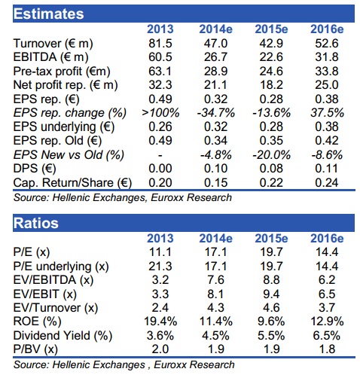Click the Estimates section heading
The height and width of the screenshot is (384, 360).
click(x=48, y=14)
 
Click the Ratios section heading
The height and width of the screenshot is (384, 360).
click(x=36, y=223)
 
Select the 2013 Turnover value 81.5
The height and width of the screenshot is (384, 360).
click(x=160, y=44)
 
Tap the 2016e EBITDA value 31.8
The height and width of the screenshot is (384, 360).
click(x=327, y=57)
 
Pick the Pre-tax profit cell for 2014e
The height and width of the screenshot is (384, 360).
click(x=215, y=72)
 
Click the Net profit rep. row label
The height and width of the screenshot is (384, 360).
click(x=66, y=85)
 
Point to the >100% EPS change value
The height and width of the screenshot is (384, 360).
click(x=160, y=113)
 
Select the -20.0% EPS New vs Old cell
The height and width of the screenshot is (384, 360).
click(x=271, y=155)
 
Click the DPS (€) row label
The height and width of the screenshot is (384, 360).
click(x=35, y=169)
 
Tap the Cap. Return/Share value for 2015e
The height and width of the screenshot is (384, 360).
click(x=271, y=183)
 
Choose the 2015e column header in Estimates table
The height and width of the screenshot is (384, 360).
click(x=271, y=29)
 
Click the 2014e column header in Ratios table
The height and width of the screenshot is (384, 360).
click(x=215, y=239)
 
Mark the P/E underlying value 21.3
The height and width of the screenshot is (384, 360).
click(x=160, y=266)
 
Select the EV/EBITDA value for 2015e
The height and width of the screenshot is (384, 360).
click(x=271, y=280)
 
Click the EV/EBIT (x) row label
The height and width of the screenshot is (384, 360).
click(x=45, y=294)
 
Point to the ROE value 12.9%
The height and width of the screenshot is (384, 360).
click(x=327, y=322)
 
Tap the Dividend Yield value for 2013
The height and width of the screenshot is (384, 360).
click(x=160, y=336)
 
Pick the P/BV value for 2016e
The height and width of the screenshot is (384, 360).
click(x=327, y=349)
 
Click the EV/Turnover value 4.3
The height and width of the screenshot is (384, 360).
click(x=215, y=308)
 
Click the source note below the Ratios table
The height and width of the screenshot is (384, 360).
click(x=124, y=365)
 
